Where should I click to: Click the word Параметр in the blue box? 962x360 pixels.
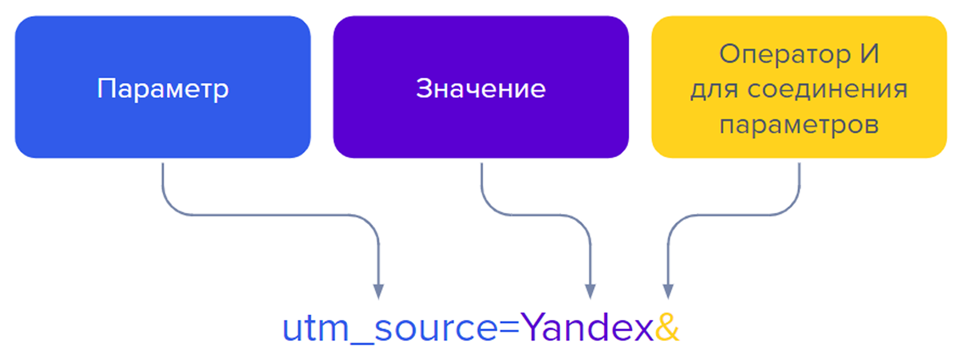pyautogui.click(x=163, y=89)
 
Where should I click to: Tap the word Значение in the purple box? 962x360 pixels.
pyautogui.click(x=481, y=89)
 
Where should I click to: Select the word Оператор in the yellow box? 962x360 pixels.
pyautogui.click(x=784, y=54)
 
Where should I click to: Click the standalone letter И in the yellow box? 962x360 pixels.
pyautogui.click(x=869, y=54)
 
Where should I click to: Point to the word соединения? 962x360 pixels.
pyautogui.click(x=827, y=89)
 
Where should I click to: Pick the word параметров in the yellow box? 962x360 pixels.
pyautogui.click(x=799, y=124)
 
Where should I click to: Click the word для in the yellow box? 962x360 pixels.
pyautogui.click(x=714, y=90)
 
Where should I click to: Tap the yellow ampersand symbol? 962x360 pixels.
pyautogui.click(x=667, y=328)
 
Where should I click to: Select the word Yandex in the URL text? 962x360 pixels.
pyautogui.click(x=587, y=328)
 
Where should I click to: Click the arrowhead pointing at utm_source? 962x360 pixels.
pyautogui.click(x=378, y=291)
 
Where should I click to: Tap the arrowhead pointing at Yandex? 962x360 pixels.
pyautogui.click(x=590, y=291)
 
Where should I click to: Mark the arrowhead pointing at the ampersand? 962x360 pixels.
pyautogui.click(x=668, y=291)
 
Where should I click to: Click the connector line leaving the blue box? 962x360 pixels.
pyautogui.click(x=163, y=185)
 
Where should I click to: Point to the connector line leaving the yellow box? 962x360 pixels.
pyautogui.click(x=799, y=185)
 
